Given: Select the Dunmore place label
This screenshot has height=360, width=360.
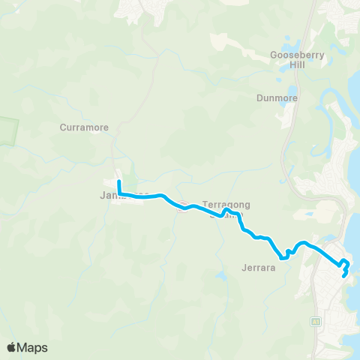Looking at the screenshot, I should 277,97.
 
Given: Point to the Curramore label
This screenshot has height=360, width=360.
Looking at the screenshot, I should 84,127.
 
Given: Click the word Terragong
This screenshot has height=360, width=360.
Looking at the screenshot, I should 226,204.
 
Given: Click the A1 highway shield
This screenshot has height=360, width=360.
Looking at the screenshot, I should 316,321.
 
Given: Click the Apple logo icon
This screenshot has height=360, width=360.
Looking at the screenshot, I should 12,347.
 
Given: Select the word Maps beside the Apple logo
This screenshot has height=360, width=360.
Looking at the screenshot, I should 33,347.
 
